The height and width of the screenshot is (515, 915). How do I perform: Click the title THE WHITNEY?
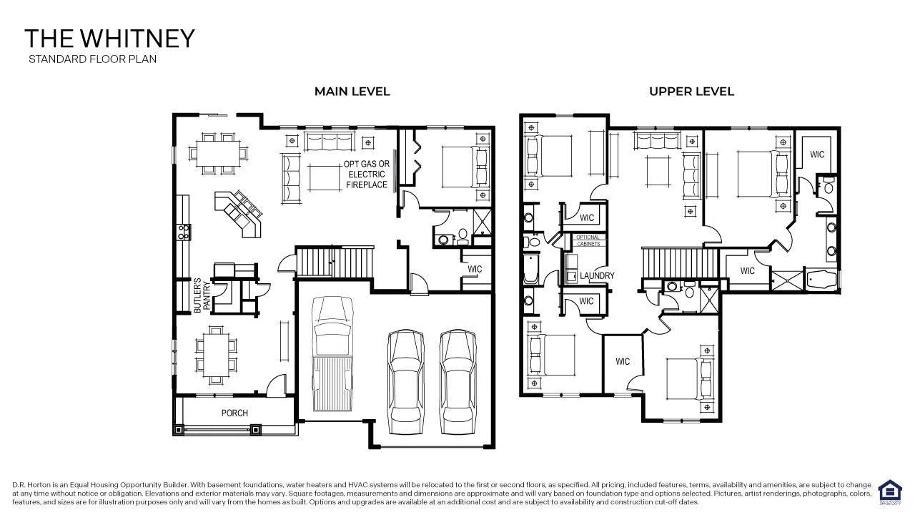point(109,39)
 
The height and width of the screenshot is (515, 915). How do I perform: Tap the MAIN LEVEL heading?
point(352,92)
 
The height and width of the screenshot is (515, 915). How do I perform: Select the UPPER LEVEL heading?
point(691,92)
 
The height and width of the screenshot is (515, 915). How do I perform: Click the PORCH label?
point(234,413)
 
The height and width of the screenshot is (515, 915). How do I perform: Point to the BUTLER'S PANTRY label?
point(202,295)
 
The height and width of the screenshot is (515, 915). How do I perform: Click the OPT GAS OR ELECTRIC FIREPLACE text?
point(367,174)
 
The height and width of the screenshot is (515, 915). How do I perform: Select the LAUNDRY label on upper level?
point(597,275)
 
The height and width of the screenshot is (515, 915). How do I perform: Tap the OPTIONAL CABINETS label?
point(588,240)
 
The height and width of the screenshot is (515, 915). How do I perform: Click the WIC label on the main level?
point(475,270)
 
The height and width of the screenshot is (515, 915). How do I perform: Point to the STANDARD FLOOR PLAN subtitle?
point(92,59)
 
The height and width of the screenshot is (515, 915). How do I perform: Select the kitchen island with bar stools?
point(239,212)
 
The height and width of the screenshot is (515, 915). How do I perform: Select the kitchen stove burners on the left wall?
point(183,232)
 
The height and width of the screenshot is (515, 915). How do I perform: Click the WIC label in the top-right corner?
point(817,154)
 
